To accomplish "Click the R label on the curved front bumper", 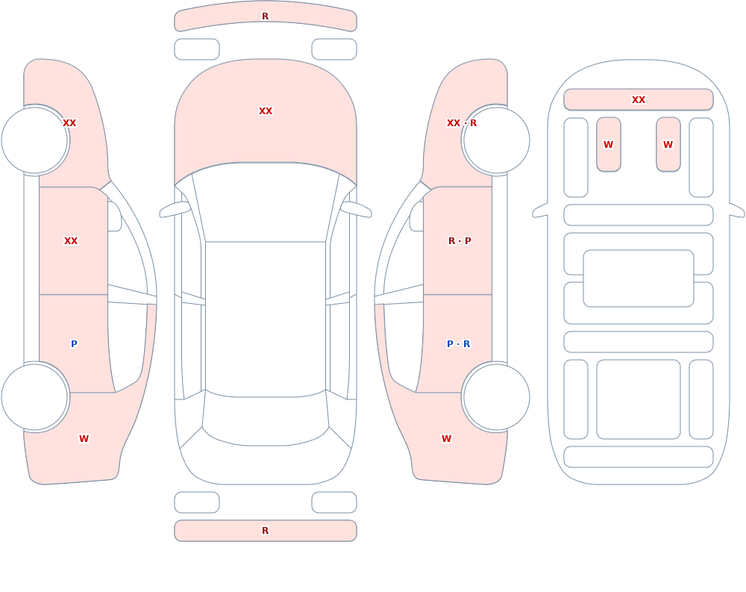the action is [x=266, y=16].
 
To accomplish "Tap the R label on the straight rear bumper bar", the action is [x=266, y=531].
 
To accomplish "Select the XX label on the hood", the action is [x=266, y=111].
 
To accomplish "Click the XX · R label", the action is [x=462, y=123].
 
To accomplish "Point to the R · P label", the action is [x=460, y=241].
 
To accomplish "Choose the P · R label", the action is [x=459, y=344].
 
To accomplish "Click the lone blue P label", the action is [x=74, y=344].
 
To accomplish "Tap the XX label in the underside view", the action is [x=639, y=100].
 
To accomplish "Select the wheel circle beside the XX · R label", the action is [x=496, y=140].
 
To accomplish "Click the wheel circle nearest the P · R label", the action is [x=496, y=396].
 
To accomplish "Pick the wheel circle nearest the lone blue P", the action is [x=35, y=396].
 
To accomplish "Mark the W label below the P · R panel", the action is [x=446, y=439].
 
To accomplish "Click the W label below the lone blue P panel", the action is [x=84, y=439].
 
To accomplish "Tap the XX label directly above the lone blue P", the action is [x=71, y=241].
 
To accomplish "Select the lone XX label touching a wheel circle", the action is [x=69, y=123].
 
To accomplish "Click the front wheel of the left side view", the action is [x=35, y=140].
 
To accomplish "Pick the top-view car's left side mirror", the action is [x=175, y=210].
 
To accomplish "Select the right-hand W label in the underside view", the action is [x=668, y=145].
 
